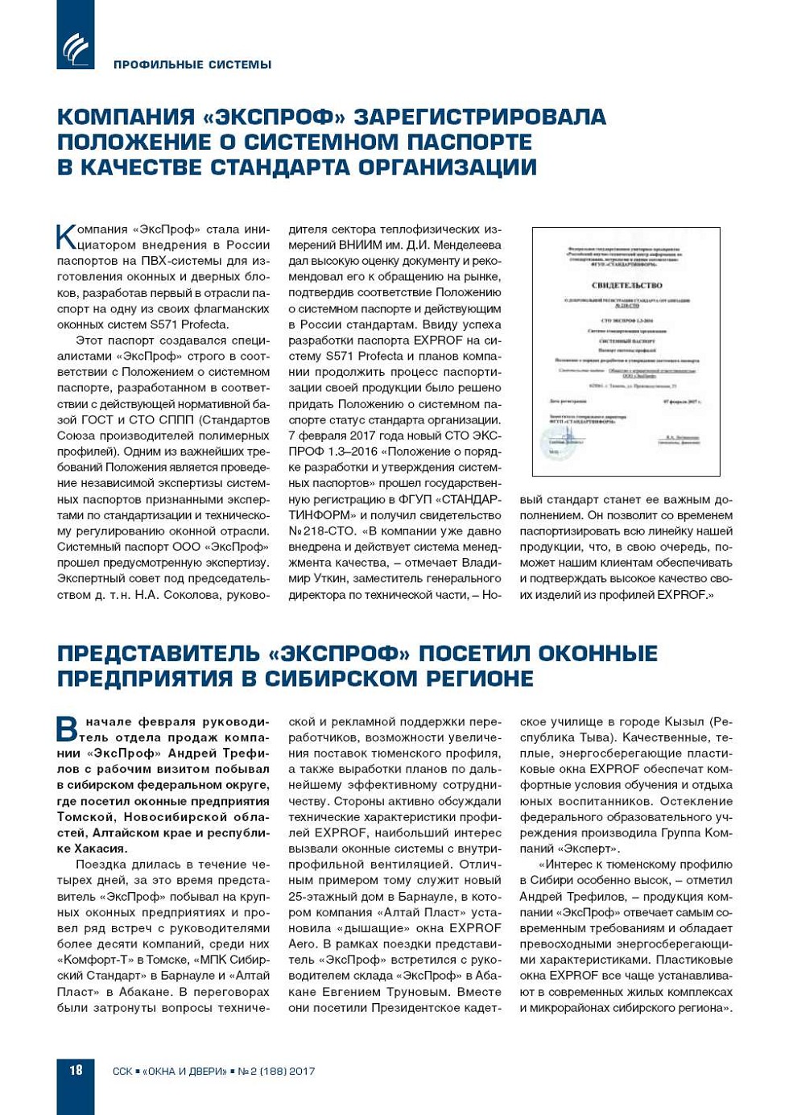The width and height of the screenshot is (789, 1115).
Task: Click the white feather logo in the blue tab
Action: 76,48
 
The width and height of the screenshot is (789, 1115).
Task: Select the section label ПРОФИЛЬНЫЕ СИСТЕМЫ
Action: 192,64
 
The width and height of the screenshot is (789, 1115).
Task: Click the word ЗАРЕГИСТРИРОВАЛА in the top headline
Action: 480,117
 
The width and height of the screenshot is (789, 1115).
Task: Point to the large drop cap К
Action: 65,237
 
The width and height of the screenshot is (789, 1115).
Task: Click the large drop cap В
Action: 67,729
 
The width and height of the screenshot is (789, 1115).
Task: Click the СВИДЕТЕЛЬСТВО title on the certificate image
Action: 626,285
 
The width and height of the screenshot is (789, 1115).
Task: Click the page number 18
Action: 76,1070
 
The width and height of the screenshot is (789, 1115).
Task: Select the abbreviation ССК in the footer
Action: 122,1072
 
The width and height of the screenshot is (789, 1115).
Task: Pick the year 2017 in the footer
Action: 302,1072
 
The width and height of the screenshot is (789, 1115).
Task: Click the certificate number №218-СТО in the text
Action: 316,531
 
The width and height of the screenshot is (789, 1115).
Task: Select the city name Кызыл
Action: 684,721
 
